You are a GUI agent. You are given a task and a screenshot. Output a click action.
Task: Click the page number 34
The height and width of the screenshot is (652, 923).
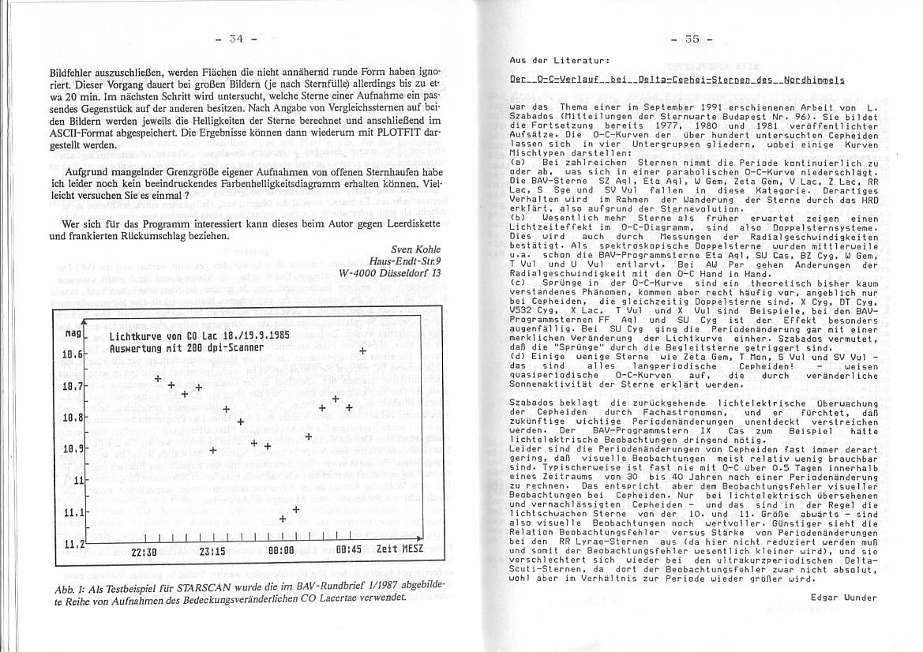point(238,39)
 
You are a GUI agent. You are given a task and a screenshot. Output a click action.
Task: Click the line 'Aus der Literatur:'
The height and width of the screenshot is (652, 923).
point(559,61)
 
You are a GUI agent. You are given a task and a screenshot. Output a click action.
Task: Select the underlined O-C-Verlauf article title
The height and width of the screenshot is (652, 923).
point(677,81)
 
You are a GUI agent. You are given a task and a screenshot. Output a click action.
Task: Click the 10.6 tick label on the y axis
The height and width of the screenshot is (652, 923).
point(73,354)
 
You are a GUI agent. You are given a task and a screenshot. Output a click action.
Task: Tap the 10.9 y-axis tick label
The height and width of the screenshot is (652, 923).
point(73,449)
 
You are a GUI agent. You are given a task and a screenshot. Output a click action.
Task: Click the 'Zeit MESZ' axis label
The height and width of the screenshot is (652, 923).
point(400,549)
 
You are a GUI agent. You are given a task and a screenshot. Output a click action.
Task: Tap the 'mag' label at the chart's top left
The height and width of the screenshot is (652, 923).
point(73,335)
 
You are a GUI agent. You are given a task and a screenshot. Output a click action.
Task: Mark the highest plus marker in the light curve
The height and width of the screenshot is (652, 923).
point(362,351)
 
